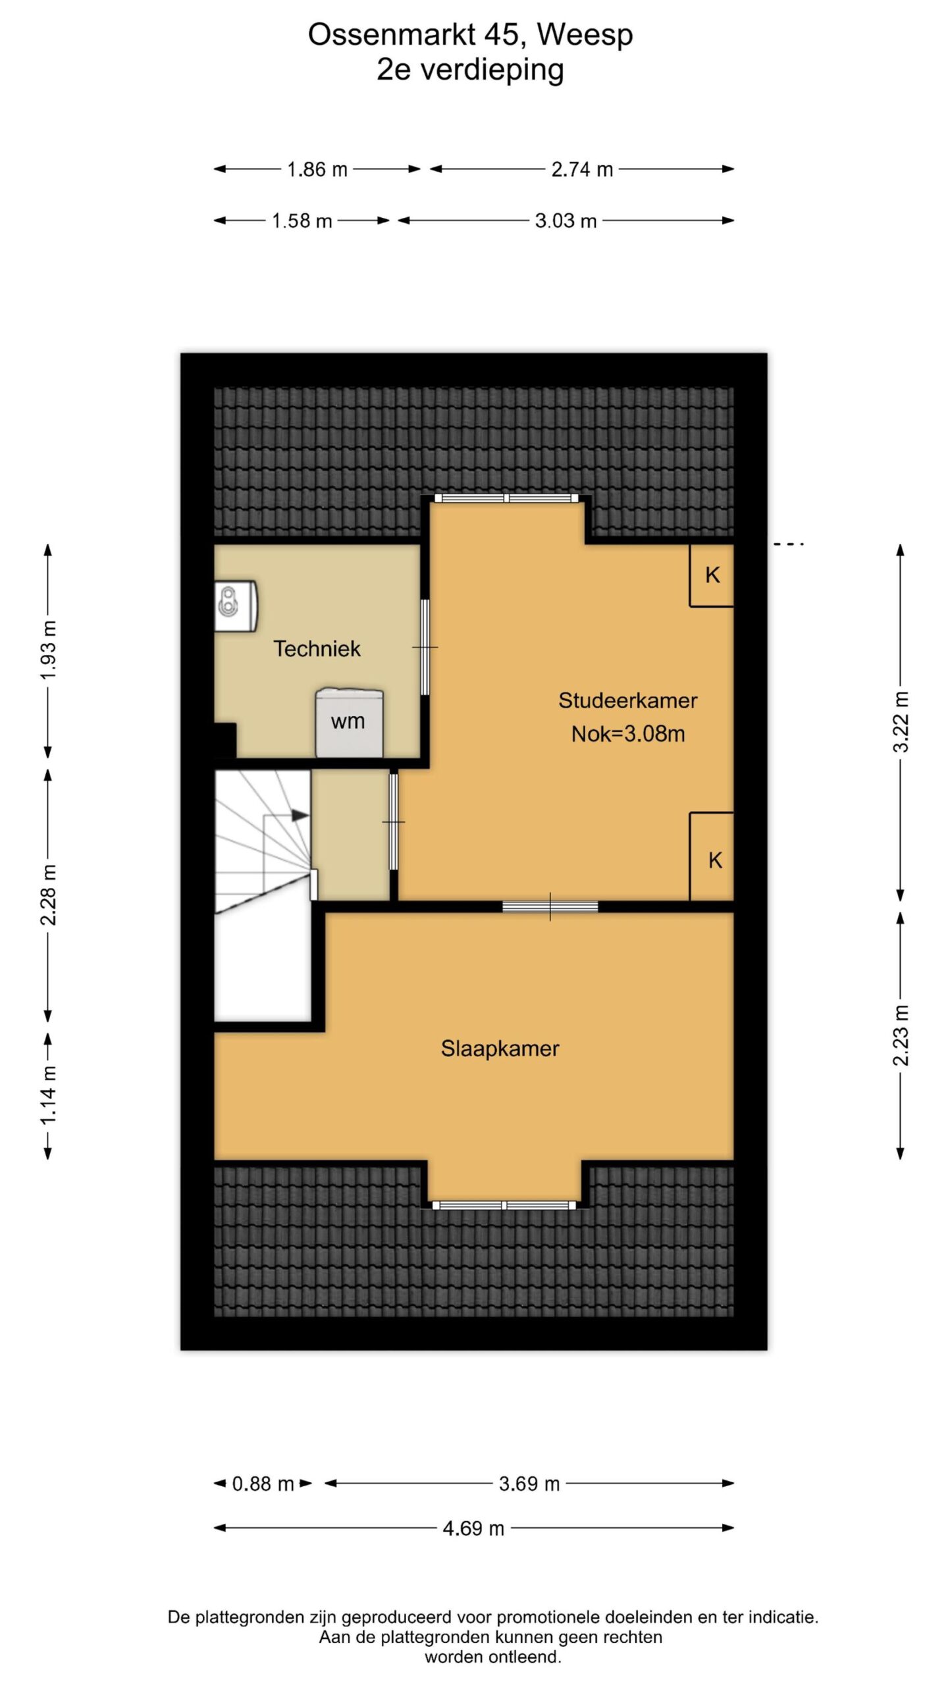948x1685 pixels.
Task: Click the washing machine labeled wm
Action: [x=349, y=723]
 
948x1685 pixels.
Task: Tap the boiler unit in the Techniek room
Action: [x=236, y=606]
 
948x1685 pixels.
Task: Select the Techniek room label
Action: [x=317, y=649]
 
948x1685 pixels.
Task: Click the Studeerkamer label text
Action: [x=628, y=700]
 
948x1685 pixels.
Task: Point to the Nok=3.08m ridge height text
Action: [x=628, y=734]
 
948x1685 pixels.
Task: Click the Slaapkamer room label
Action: [x=500, y=1049]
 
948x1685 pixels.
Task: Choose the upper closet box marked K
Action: [x=712, y=575]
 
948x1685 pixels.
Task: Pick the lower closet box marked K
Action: [x=712, y=856]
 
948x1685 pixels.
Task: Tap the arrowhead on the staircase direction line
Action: [x=300, y=815]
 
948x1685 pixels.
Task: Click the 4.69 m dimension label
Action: [x=473, y=1528]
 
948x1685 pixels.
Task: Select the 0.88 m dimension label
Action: [x=263, y=1484]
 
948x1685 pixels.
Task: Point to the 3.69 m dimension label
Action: [x=529, y=1484]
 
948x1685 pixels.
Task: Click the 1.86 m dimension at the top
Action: [x=317, y=169]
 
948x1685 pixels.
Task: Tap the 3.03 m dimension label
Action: [x=566, y=220]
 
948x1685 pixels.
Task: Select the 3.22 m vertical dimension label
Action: [x=901, y=722]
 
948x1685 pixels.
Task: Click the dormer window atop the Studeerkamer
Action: [x=507, y=498]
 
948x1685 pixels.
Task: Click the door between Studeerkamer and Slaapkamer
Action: [x=550, y=906]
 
